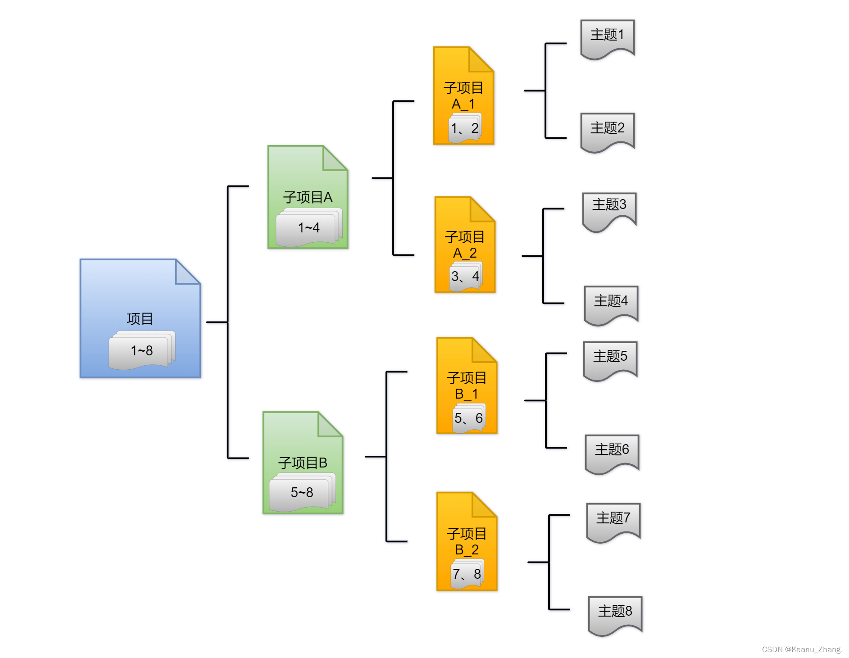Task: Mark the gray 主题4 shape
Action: point(611,303)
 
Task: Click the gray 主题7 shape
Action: point(613,521)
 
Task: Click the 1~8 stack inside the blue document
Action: point(141,350)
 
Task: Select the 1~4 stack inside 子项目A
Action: point(309,228)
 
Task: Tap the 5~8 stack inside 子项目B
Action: point(302,492)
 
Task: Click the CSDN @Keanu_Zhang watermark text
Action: point(802,649)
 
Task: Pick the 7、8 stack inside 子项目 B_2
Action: point(467,574)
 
